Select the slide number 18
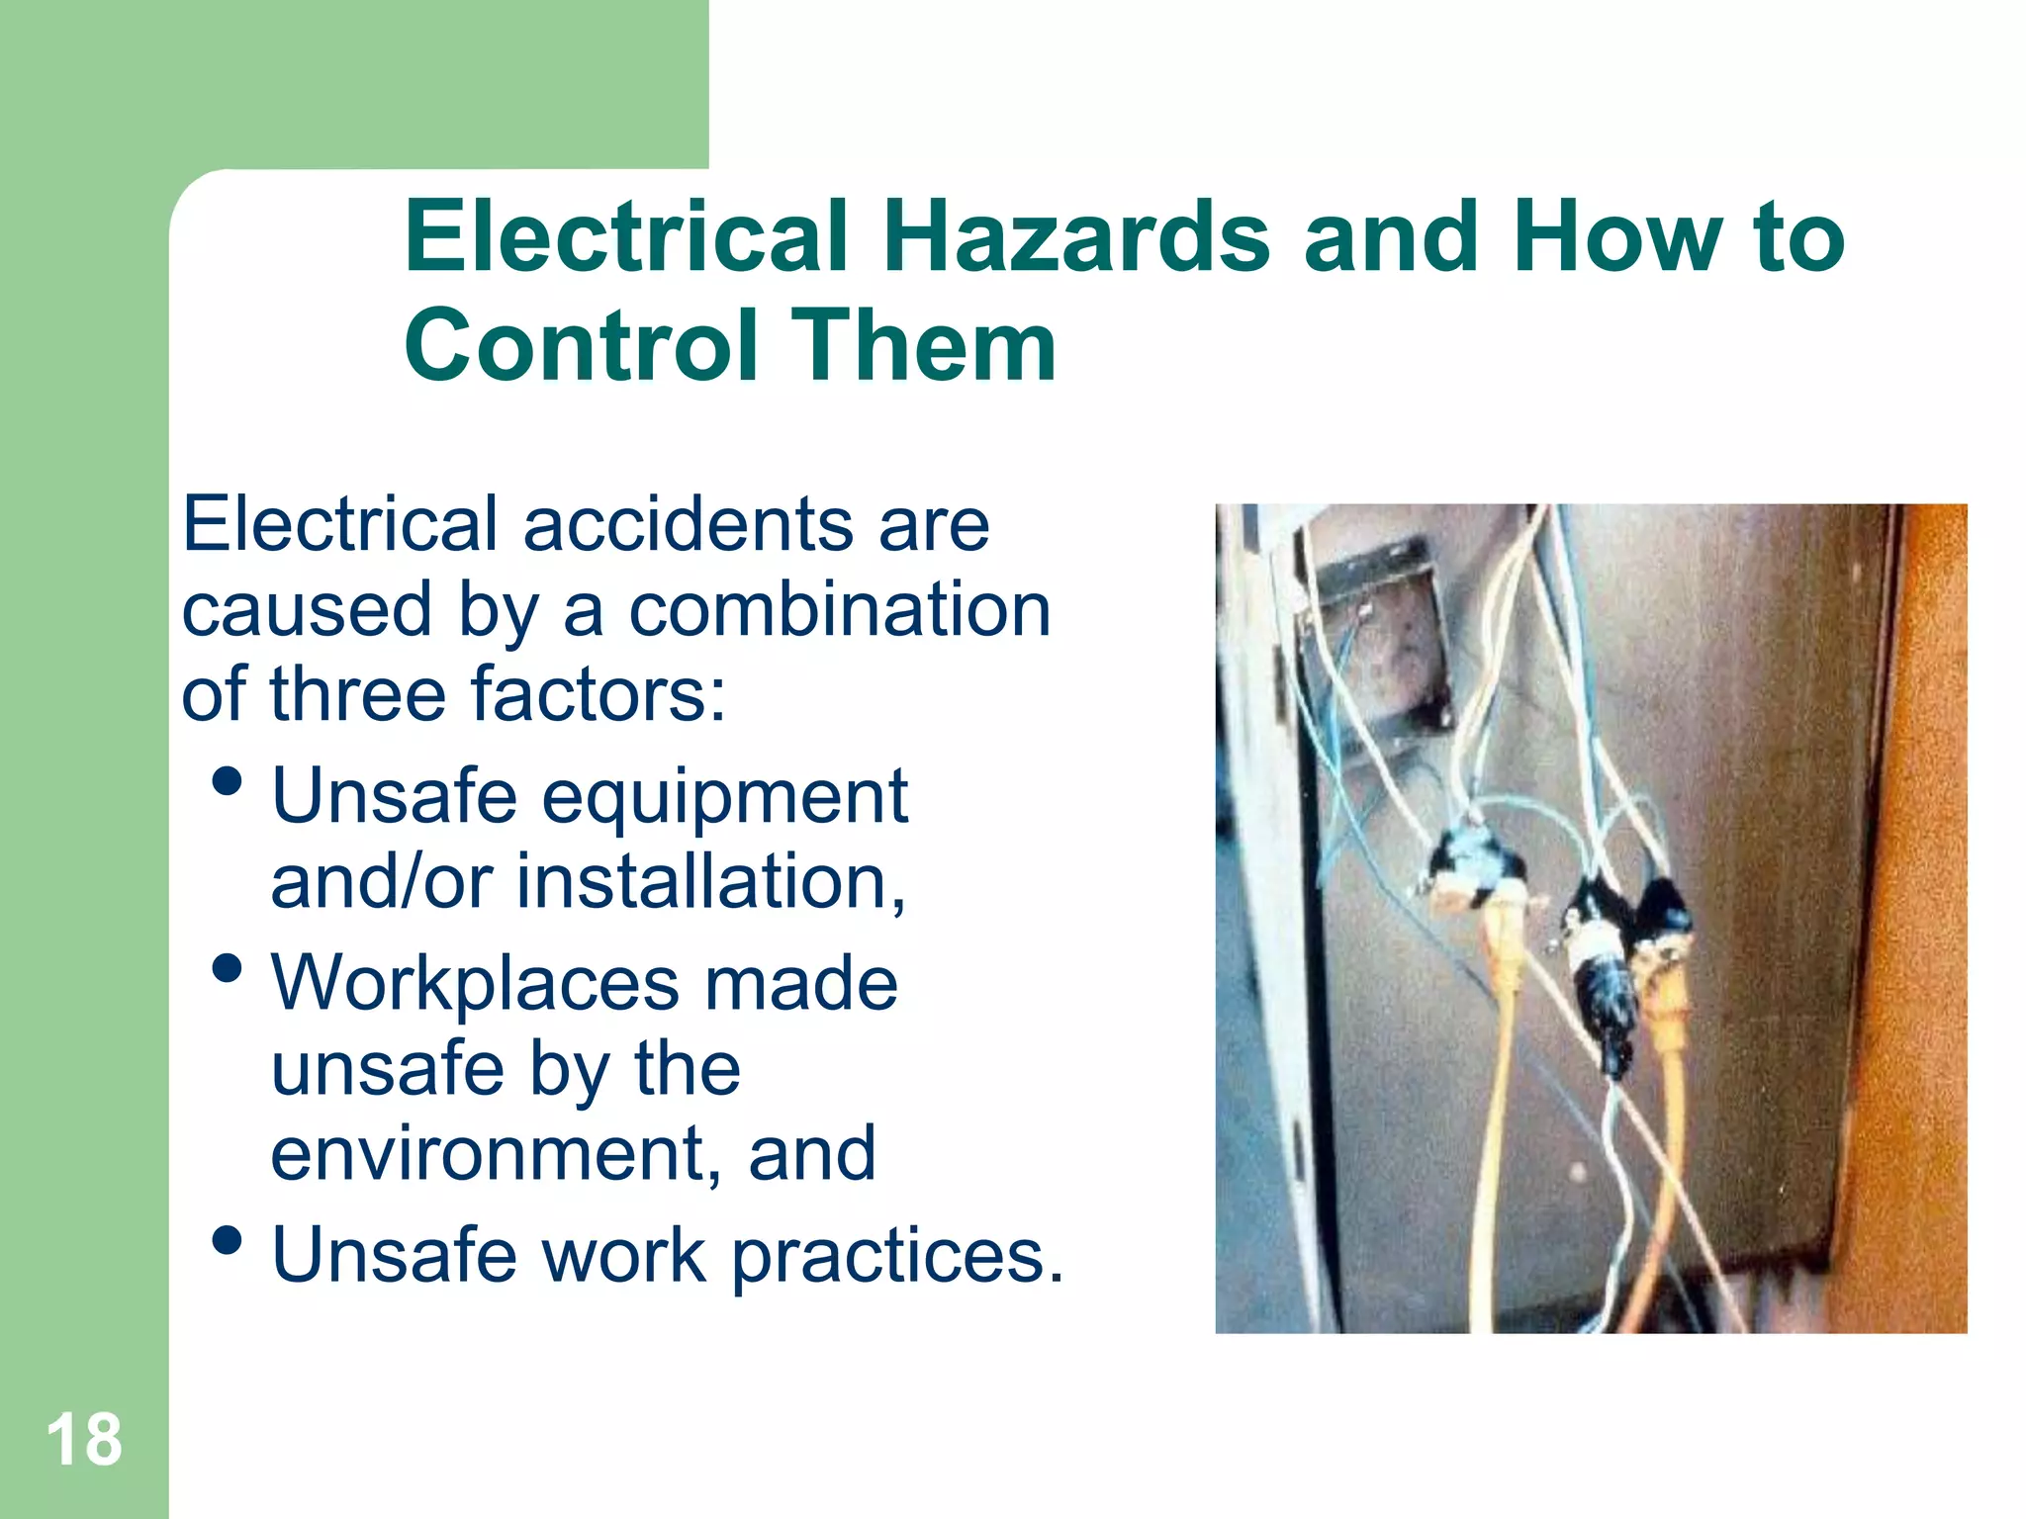84,1440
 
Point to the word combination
840,609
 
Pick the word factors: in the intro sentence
599,694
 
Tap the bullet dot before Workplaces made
228,968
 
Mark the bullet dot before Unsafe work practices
228,1240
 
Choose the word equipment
724,796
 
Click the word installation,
710,881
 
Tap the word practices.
897,1256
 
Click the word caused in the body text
308,609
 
